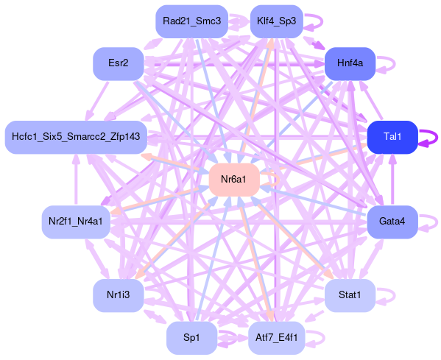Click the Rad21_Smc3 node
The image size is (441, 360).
click(192, 21)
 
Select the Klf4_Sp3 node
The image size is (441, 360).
click(277, 21)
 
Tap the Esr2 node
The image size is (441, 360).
click(119, 64)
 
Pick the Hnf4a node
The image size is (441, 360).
click(350, 64)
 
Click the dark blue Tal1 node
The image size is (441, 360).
click(392, 137)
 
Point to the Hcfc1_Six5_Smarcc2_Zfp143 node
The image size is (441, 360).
click(76, 137)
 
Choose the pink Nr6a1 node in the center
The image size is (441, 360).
click(234, 180)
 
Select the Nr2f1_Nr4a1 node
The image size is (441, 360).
click(76, 222)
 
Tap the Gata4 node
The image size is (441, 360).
click(392, 222)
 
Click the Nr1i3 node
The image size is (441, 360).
click(119, 296)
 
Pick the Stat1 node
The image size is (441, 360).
click(350, 296)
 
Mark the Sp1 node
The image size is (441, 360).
click(192, 338)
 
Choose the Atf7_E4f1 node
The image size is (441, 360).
click(277, 338)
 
